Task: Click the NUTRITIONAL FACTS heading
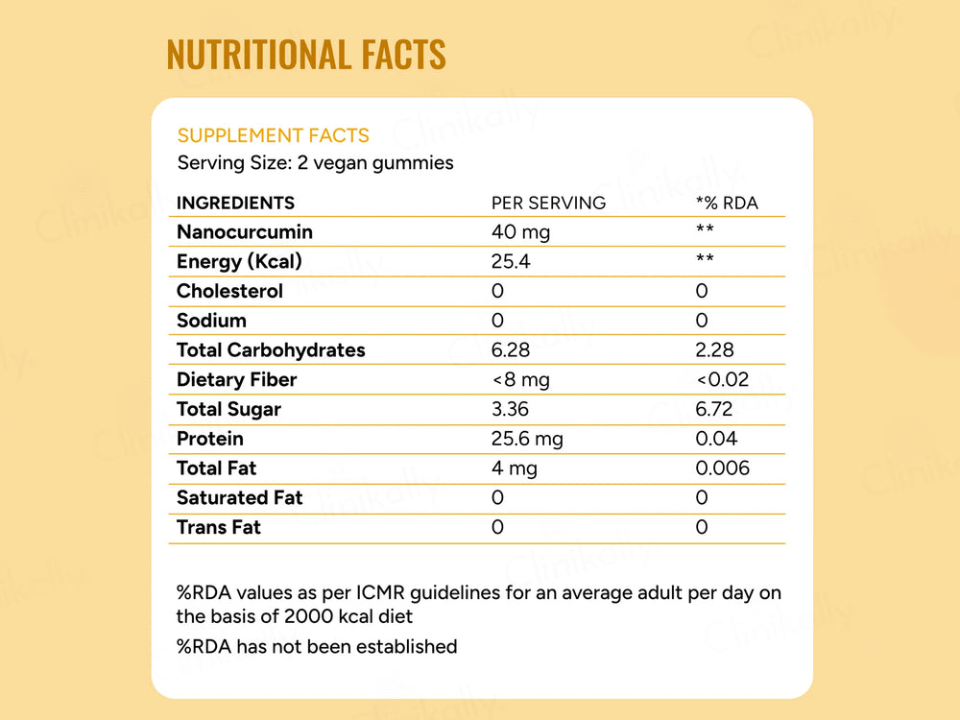tap(306, 54)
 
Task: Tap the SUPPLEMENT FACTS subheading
tap(273, 135)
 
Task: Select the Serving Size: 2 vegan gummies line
tap(315, 162)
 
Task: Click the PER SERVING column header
tap(548, 203)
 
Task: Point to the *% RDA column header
tap(727, 203)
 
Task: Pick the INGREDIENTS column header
tap(235, 203)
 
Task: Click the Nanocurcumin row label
tap(244, 231)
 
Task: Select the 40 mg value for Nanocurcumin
tap(520, 231)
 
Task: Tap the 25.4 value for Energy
tap(511, 261)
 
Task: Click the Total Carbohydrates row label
tap(271, 349)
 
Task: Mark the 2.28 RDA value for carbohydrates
tap(715, 349)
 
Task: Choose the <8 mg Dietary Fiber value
tap(520, 379)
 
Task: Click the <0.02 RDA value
tap(722, 379)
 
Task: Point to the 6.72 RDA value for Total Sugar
tap(714, 409)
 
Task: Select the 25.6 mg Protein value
tap(527, 439)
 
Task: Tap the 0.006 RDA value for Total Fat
tap(722, 468)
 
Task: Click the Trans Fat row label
tap(218, 527)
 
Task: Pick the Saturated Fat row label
tap(239, 497)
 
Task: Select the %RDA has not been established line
tap(317, 646)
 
